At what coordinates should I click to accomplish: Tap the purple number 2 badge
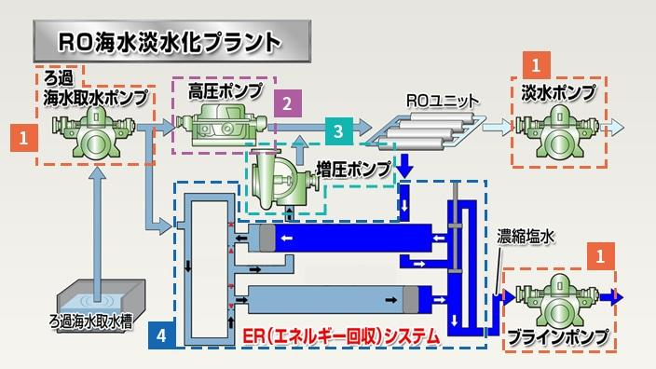(289, 101)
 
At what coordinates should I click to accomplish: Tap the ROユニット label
(442, 98)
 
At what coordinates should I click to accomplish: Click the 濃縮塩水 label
(524, 238)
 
